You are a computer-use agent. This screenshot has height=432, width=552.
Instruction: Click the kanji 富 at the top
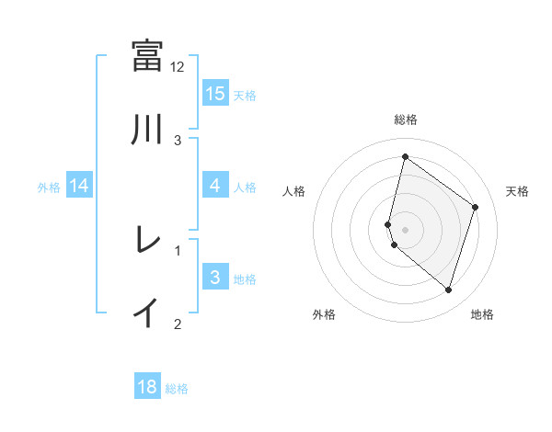147,55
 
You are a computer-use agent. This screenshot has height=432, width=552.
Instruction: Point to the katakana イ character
147,313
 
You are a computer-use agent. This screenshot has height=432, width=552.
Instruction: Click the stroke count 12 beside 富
178,67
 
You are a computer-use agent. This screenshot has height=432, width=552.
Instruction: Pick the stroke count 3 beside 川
178,141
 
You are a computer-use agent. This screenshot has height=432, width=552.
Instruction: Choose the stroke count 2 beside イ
178,324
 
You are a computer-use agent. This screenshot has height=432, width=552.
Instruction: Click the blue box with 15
215,94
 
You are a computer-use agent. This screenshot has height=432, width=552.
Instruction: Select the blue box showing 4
215,186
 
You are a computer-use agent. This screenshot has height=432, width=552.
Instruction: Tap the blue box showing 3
215,278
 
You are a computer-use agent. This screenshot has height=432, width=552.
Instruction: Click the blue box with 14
79,186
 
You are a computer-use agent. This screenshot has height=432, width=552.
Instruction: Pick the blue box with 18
147,387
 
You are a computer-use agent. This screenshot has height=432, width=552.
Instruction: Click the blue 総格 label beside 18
177,389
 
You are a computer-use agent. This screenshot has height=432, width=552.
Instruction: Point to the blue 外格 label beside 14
49,187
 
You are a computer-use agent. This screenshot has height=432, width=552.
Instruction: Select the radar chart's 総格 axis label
405,119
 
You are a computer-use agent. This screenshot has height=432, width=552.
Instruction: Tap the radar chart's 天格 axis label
517,191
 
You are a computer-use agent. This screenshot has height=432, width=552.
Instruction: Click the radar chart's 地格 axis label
482,314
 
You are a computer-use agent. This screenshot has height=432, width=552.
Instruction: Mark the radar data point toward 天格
476,207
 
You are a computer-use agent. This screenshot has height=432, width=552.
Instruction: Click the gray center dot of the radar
405,229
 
